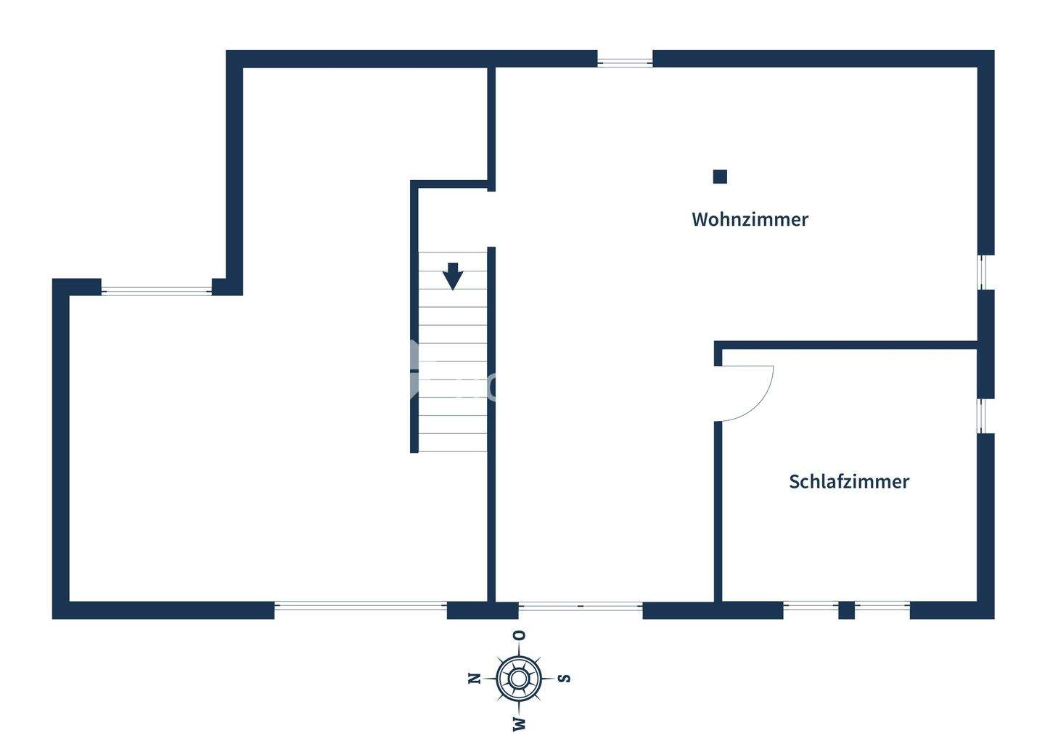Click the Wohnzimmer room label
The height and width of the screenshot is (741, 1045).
pos(750,219)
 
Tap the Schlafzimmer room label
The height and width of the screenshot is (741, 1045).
pos(848,482)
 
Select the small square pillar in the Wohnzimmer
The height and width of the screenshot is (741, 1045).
pos(720,176)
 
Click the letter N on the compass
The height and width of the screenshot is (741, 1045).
pos(475,679)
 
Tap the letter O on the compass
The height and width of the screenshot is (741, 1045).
pos(519,636)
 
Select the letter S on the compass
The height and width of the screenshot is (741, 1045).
pos(564,679)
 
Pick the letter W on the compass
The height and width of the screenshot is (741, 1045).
pos(519,723)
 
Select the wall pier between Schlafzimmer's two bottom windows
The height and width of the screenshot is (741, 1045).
pos(846,610)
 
